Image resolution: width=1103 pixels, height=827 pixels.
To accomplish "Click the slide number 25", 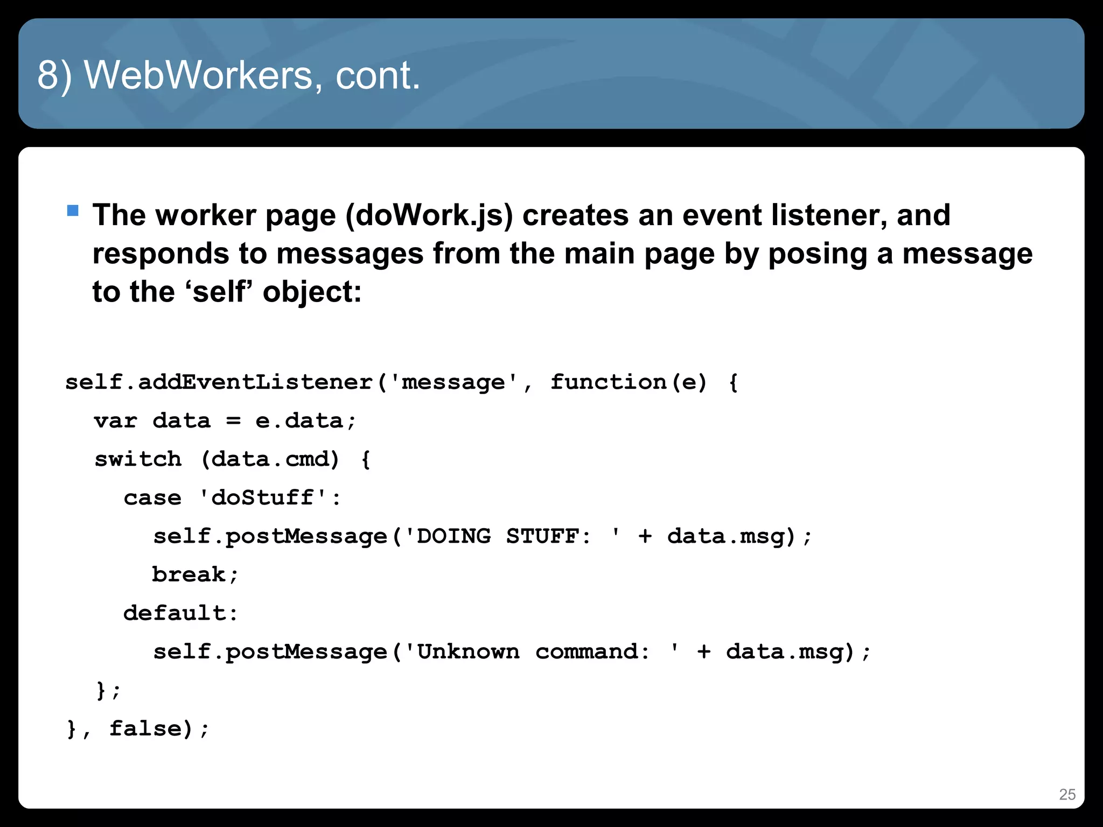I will [x=1067, y=795].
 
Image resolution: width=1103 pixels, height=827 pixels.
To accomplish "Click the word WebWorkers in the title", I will [x=199, y=75].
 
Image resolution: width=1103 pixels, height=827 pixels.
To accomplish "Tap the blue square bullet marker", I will [x=73, y=210].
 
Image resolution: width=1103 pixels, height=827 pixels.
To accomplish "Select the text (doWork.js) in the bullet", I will [x=429, y=215].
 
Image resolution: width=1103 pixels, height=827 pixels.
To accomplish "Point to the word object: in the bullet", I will [x=312, y=292].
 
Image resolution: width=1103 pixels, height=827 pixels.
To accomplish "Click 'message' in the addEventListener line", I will [x=453, y=382].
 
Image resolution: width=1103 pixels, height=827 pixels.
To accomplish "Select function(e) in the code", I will [x=628, y=382].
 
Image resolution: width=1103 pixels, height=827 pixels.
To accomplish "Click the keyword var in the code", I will [x=115, y=420].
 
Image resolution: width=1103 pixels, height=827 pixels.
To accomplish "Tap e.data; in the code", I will [x=305, y=420].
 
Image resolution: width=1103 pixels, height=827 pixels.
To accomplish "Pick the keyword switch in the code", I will [x=138, y=459].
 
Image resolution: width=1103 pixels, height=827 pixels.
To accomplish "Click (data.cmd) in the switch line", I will [x=270, y=459].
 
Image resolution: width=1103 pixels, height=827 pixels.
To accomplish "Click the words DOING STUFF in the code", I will [x=497, y=536].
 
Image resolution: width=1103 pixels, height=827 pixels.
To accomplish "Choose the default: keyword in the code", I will [x=181, y=613].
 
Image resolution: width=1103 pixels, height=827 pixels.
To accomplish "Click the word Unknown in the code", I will [x=468, y=652].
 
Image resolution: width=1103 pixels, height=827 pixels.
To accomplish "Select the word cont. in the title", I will [x=378, y=75].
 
